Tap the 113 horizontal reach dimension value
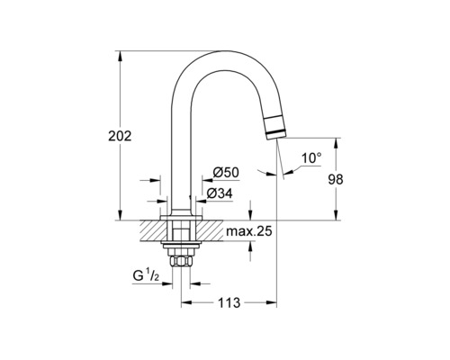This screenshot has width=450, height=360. click(229, 303)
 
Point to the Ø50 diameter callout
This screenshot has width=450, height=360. click(224, 172)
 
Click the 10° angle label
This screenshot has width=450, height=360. click(310, 158)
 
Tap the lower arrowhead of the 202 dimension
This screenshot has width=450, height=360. click(120, 215)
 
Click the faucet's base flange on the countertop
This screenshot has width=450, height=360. click(180, 216)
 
